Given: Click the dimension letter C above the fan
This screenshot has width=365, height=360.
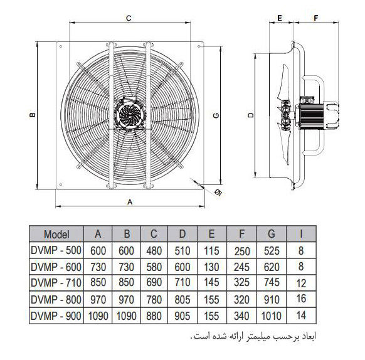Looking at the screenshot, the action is [129, 18].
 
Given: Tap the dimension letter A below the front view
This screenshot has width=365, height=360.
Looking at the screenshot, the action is [130, 202].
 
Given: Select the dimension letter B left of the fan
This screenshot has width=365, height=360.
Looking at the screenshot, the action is [33, 115].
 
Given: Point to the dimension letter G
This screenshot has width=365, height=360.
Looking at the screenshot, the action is [216, 115].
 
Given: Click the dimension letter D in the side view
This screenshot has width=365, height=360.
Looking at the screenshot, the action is [250, 115].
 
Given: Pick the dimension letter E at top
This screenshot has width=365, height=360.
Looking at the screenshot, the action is [280, 18].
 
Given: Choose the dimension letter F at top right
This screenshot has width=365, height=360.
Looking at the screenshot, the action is [315, 18].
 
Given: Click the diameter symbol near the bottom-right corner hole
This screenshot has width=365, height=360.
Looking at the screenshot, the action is [218, 193].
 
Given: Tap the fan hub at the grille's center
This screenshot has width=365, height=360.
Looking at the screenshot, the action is [130, 115].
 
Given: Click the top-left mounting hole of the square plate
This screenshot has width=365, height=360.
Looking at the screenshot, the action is [61, 46].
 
